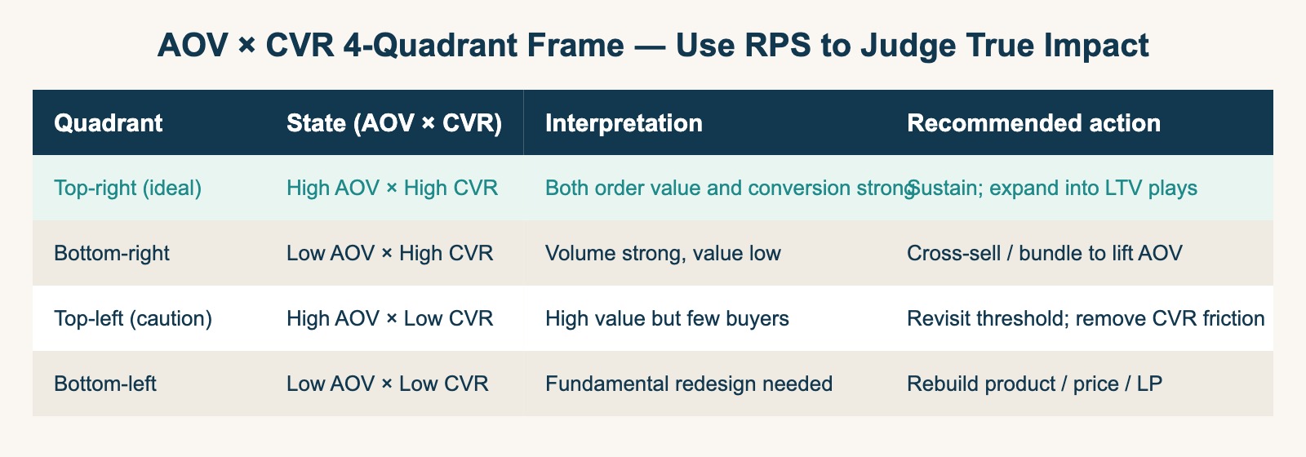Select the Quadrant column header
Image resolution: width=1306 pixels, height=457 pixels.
tap(108, 123)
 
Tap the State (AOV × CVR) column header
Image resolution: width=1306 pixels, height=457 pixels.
tap(394, 123)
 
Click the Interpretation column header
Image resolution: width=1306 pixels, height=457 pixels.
tap(624, 123)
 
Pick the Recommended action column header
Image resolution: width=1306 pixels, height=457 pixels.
tap(1033, 123)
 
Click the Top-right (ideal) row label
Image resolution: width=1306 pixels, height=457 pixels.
tap(127, 189)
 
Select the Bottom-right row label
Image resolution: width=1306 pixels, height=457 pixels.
tap(111, 254)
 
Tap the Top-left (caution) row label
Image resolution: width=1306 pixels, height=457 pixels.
tap(133, 319)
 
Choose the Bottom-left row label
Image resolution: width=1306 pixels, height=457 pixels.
tap(105, 384)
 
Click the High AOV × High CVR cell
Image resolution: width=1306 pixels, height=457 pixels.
tap(393, 189)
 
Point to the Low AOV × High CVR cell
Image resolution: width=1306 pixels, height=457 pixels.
tap(390, 254)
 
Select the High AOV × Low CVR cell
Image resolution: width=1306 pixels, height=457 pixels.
tap(390, 319)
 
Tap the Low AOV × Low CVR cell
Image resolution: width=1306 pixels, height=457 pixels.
tap(388, 384)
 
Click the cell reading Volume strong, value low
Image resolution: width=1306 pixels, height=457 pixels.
tap(663, 254)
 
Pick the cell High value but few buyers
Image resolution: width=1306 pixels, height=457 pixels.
tap(667, 319)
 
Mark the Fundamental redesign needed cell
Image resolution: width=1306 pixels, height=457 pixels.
tap(689, 384)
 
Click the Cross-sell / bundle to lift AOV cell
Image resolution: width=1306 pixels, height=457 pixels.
tap(1045, 254)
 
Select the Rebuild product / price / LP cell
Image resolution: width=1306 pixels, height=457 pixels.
tap(1035, 384)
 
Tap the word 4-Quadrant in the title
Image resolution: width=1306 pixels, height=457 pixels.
tap(483, 45)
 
